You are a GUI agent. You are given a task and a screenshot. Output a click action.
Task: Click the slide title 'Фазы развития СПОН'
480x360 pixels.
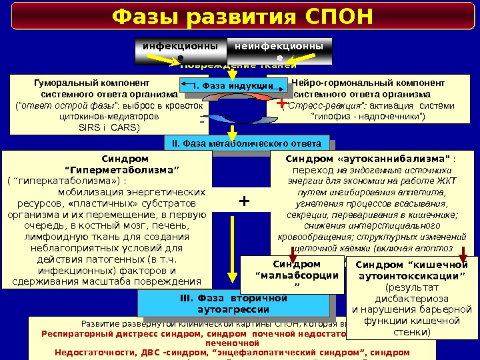click(x=242, y=16)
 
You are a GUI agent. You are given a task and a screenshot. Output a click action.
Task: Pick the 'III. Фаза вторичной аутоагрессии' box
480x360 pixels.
click(x=233, y=304)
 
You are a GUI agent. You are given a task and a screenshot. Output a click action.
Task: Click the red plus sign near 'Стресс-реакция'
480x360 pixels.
click(x=280, y=104)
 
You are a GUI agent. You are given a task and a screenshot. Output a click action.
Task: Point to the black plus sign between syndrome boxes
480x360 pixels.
click(x=244, y=200)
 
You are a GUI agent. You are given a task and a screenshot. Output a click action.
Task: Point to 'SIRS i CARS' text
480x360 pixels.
click(x=109, y=126)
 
